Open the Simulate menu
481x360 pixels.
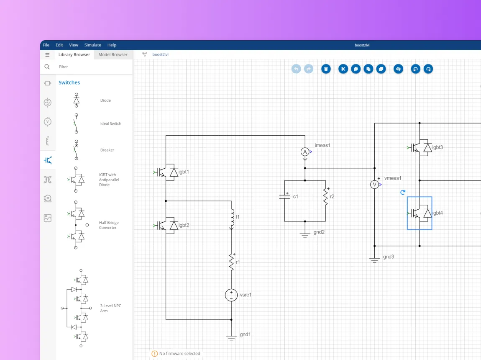(92, 45)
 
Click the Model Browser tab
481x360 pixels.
(113, 54)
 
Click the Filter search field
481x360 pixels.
(92, 67)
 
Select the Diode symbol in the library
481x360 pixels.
(77, 100)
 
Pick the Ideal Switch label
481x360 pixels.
(110, 123)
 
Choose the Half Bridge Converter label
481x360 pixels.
(109, 225)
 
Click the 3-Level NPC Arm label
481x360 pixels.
(110, 308)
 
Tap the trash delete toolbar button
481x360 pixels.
(326, 69)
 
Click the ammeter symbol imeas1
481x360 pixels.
(305, 152)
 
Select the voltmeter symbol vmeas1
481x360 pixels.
(374, 185)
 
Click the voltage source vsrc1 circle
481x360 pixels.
(231, 295)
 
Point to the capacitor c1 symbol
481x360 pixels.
(284, 197)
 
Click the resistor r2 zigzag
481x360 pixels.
(325, 197)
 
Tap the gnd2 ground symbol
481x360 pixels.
(304, 235)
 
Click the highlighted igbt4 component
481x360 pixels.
(420, 213)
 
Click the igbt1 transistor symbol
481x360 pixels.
(166, 172)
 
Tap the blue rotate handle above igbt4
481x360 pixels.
(403, 192)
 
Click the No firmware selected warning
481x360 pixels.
(176, 354)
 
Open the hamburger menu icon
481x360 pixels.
(47, 55)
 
